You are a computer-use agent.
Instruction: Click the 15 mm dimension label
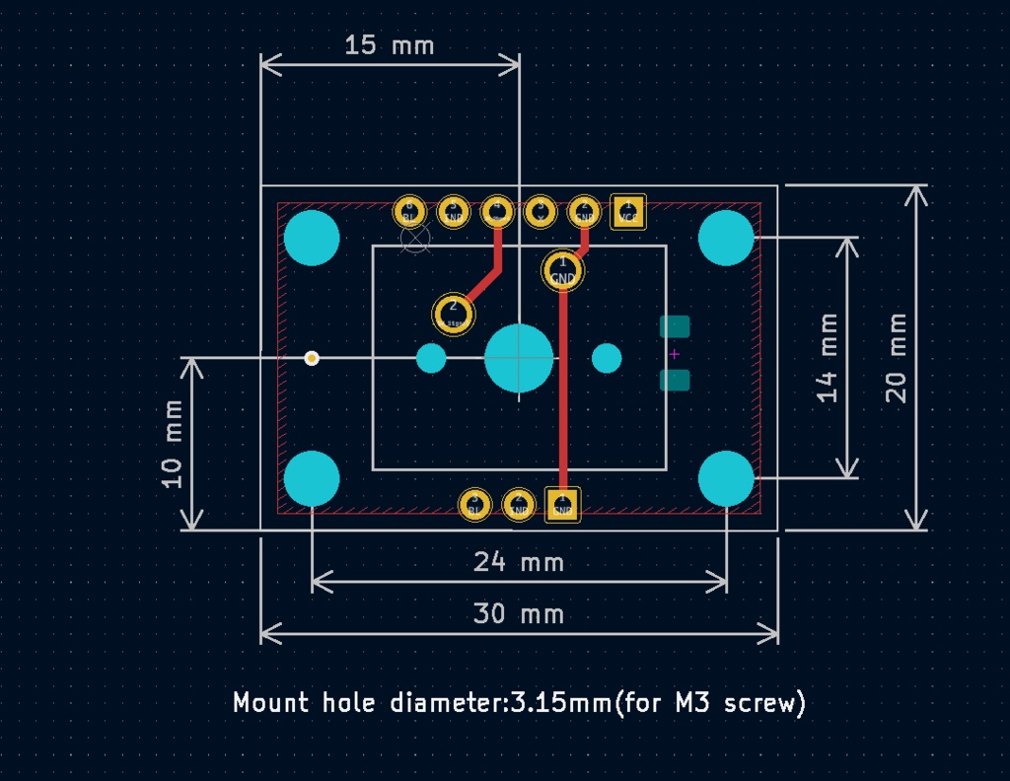pos(389,45)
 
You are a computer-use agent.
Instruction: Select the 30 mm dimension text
pos(519,614)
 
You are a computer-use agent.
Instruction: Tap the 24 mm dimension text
pos(519,562)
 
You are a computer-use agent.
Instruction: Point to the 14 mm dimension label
pos(828,357)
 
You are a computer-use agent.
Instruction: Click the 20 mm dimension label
pos(896,357)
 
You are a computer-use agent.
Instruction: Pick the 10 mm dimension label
pos(174,443)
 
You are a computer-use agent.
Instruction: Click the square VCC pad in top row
pos(627,211)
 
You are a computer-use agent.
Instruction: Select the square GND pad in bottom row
pos(562,505)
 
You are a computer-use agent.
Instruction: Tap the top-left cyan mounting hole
pos(312,238)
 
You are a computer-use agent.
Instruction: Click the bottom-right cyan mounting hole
pos(726,478)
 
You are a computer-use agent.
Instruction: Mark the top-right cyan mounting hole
pos(726,238)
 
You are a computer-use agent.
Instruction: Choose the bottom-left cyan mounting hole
pos(312,478)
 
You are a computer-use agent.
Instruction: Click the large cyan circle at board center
pos(519,358)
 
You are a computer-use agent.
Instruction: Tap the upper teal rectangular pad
pos(675,326)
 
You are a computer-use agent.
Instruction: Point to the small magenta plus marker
pos(675,354)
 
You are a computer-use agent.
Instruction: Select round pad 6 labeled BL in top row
pos(409,211)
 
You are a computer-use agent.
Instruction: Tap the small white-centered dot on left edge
pos(312,358)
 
